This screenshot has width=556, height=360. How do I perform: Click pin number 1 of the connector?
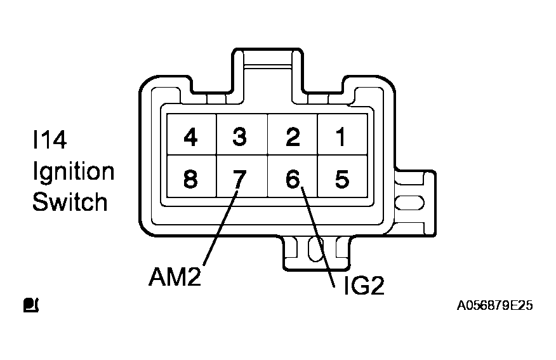click(x=341, y=137)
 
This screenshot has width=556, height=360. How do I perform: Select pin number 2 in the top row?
click(x=292, y=137)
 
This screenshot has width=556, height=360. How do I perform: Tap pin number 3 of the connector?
click(x=239, y=137)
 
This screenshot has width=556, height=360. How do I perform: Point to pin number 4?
click(x=189, y=137)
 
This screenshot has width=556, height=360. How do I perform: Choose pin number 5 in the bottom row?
click(x=341, y=180)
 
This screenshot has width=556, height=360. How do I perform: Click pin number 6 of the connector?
click(x=292, y=180)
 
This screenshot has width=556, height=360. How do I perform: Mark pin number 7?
click(x=239, y=180)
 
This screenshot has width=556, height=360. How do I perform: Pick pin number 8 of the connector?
click(x=189, y=180)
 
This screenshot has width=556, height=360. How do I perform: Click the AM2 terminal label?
click(x=175, y=277)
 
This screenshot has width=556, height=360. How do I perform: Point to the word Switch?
click(x=70, y=203)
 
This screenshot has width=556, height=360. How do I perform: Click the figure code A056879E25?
click(x=494, y=306)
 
